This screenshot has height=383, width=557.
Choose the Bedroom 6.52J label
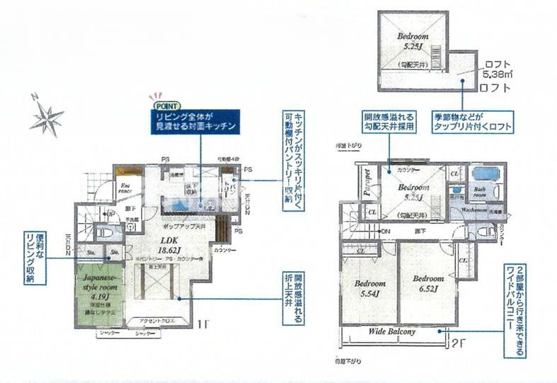pos(428,282)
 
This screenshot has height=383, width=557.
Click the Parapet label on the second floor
pos(367,182)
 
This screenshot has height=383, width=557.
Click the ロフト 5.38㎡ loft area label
pos(495,69)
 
